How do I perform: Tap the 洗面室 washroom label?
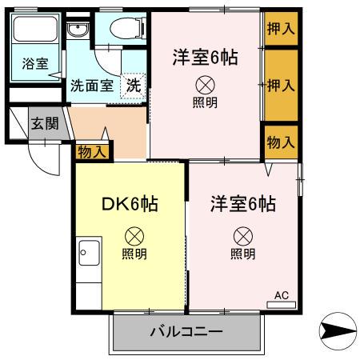click(x=90, y=85)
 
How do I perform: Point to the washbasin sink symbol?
click(x=78, y=32)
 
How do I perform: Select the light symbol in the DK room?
click(x=134, y=236)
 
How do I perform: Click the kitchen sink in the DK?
click(x=88, y=255)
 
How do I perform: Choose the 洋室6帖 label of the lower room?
click(x=243, y=203)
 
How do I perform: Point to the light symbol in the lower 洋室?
click(x=243, y=236)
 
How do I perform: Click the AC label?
click(x=281, y=295)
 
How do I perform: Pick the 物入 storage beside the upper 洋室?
click(x=281, y=142)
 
